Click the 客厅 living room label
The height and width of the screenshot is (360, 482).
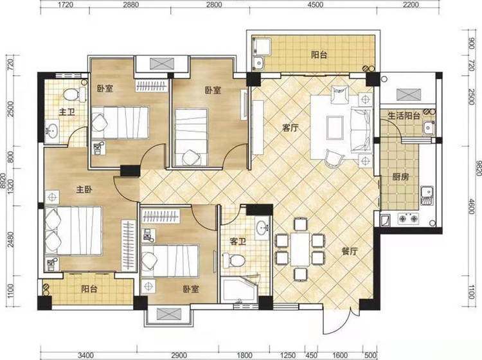[290, 128]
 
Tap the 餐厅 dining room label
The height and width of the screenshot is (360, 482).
[350, 251]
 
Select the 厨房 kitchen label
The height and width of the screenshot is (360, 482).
[401, 177]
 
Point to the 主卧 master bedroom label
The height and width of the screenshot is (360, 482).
[84, 190]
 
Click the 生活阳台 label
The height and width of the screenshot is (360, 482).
[404, 116]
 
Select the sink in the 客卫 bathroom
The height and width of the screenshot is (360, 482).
[262, 228]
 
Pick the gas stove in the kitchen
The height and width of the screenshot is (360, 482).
[409, 219]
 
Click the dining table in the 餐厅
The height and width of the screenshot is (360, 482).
[300, 249]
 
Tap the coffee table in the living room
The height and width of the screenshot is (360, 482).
[335, 127]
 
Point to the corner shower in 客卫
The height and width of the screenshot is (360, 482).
[238, 290]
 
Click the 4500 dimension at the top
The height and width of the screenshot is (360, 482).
[316, 4]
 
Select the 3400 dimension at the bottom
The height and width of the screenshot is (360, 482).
[85, 355]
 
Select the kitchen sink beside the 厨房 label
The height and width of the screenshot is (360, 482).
[427, 195]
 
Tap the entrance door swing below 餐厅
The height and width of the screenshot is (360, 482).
[337, 321]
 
